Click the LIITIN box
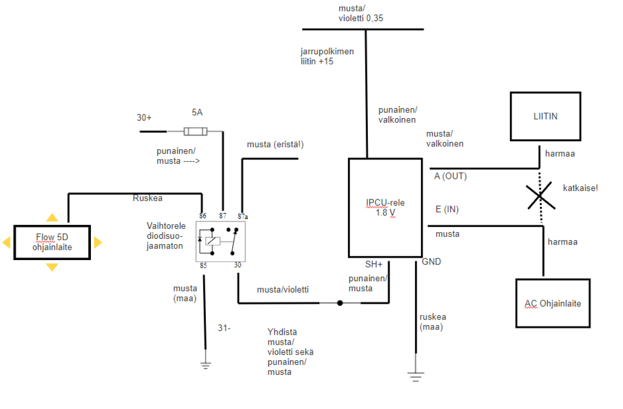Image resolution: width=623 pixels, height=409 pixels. pyautogui.click(x=545, y=116)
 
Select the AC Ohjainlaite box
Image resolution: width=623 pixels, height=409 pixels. pyautogui.click(x=553, y=303)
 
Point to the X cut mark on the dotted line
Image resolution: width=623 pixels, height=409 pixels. pyautogui.click(x=539, y=196)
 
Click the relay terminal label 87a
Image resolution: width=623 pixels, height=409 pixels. pyautogui.click(x=242, y=216)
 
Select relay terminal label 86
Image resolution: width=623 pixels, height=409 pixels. pyautogui.click(x=203, y=216)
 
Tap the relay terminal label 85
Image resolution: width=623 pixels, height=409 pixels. pyautogui.click(x=203, y=265)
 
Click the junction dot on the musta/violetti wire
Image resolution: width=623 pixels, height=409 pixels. pyautogui.click(x=340, y=303)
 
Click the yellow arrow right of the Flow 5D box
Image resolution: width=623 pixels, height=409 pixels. pyautogui.click(x=97, y=242)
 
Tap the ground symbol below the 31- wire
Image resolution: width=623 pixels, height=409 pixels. pyautogui.click(x=205, y=364)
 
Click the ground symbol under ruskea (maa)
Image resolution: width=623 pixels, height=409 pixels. pyautogui.click(x=416, y=375)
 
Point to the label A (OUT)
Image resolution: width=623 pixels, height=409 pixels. pyautogui.click(x=450, y=176)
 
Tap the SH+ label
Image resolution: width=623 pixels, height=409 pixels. pyautogui.click(x=373, y=264)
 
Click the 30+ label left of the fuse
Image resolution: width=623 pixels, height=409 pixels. pyautogui.click(x=144, y=118)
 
